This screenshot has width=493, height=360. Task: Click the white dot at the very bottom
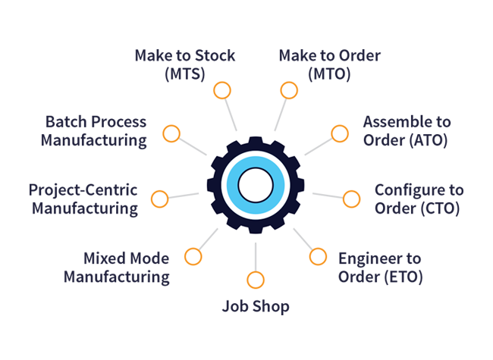(x=256, y=280)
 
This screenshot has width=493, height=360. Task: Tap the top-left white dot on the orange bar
(x=221, y=90)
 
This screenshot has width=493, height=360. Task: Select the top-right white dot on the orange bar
(x=288, y=90)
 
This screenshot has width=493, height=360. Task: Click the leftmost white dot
(x=159, y=199)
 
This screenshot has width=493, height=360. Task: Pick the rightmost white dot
(x=352, y=199)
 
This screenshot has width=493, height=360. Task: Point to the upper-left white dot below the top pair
(x=171, y=134)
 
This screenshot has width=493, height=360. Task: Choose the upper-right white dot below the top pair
(x=340, y=134)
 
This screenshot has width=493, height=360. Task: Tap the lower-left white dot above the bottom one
(x=193, y=256)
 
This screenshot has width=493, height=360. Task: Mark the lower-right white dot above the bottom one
(x=318, y=256)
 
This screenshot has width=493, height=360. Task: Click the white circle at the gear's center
(x=256, y=183)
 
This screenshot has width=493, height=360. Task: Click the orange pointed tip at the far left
(x=145, y=196)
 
